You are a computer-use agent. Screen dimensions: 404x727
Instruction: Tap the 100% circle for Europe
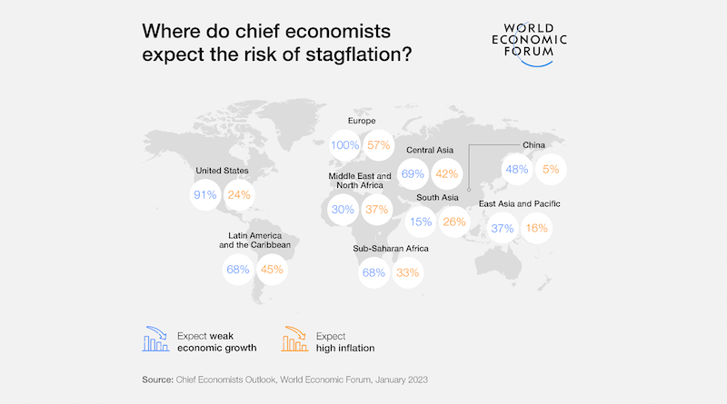345,145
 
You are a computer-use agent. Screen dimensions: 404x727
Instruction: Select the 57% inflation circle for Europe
379,145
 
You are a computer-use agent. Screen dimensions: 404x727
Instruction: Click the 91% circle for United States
204,194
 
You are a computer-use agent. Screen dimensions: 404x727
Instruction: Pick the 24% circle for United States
238,194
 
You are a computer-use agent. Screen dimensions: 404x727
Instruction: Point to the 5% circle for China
552,169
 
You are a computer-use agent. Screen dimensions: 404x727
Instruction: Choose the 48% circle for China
517,169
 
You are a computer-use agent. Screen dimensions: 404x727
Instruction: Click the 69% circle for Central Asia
413,173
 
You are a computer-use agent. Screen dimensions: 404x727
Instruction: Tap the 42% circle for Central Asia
447,173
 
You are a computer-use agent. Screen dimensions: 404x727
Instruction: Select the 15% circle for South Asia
421,222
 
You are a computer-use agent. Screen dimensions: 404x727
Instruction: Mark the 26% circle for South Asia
454,222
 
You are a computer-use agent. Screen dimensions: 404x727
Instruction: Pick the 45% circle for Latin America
273,269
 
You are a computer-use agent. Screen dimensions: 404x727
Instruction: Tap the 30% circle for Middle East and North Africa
344,209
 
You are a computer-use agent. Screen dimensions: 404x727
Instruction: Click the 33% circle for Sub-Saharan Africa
408,272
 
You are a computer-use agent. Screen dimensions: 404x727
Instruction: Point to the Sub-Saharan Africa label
390,248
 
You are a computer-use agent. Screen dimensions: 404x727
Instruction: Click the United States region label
223,170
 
